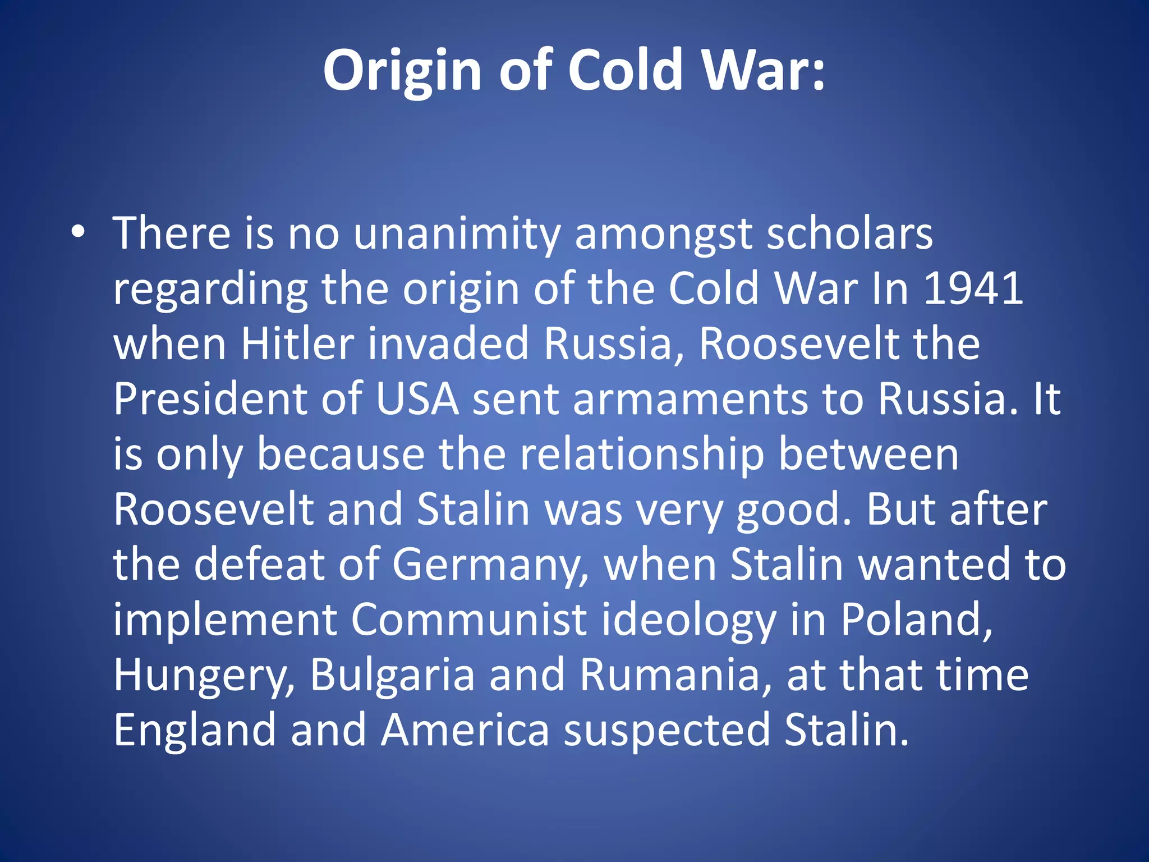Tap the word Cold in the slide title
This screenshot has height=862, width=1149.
pos(625,70)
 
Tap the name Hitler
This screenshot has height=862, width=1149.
pos(297,343)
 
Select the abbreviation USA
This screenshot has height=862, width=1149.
pos(417,398)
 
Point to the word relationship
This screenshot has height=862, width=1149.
pos(642,455)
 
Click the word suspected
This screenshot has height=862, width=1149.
pos(667,731)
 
